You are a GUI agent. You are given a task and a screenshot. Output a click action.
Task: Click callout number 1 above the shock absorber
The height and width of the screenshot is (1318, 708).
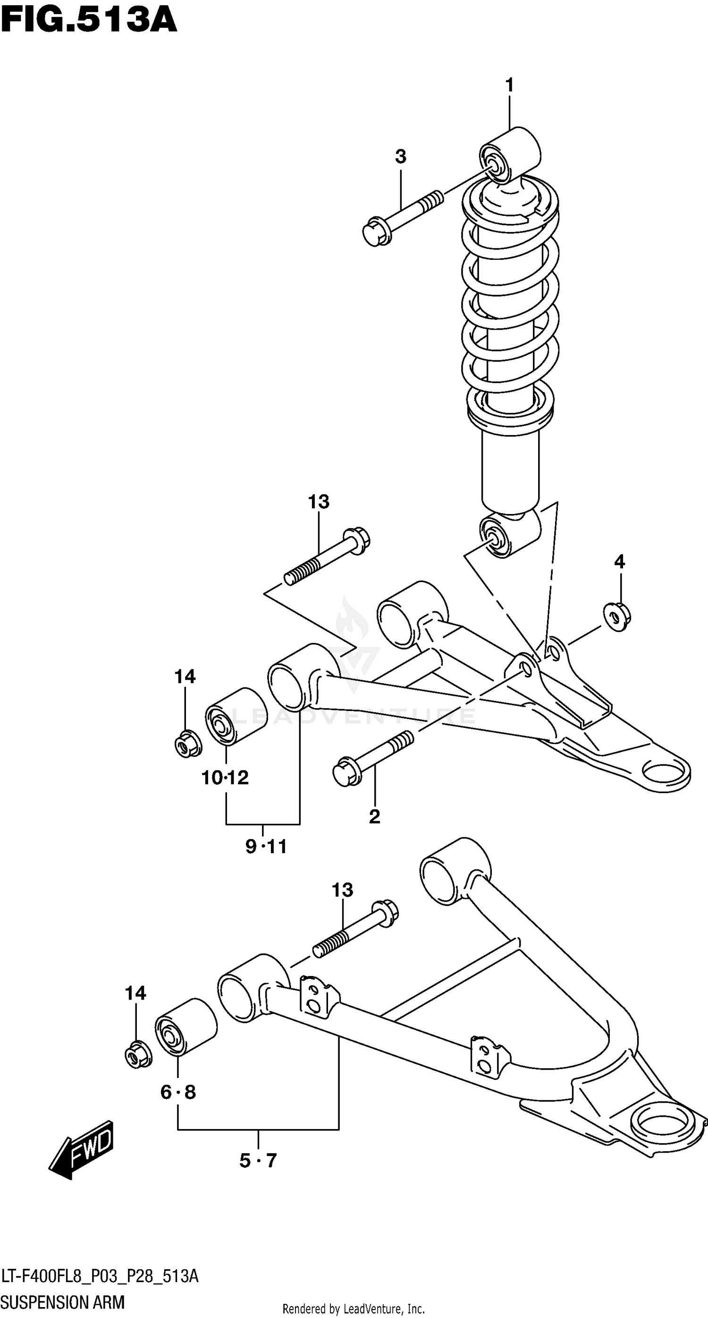509,86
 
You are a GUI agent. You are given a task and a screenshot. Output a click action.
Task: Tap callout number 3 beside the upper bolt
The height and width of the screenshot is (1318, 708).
400,156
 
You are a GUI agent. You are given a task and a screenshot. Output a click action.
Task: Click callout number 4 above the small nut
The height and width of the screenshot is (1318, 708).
619,562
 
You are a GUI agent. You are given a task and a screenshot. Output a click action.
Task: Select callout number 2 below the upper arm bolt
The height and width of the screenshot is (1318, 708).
374,817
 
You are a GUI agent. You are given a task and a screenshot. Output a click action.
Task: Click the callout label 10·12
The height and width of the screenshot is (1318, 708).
225,778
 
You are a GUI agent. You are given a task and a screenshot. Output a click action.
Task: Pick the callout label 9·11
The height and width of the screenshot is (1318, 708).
266,847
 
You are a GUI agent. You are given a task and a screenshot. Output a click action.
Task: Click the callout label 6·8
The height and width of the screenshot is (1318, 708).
178,1092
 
